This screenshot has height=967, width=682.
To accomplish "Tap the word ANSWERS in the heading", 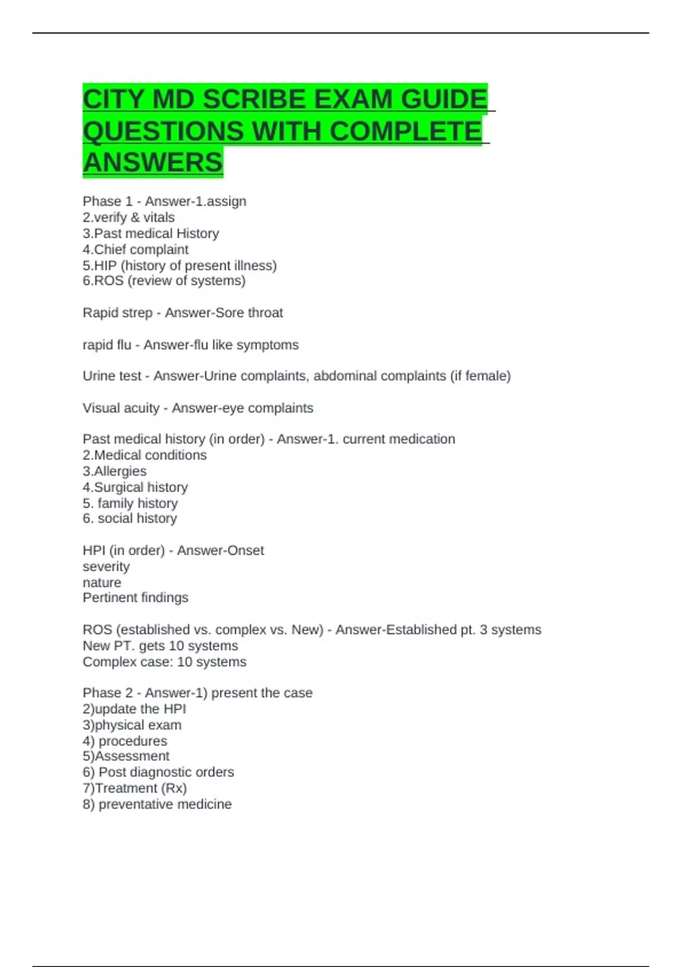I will point(152,162).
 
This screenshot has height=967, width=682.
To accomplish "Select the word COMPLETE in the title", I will point(405,131).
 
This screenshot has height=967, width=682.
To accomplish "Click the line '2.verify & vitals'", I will point(128,217).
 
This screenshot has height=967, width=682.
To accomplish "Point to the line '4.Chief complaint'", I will point(135,249).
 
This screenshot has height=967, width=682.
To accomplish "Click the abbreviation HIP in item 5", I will point(106,265).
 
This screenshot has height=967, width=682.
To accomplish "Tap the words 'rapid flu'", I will point(106,345).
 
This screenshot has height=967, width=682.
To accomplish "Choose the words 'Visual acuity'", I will point(121,408).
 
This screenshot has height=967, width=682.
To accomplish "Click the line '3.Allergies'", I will point(114,471).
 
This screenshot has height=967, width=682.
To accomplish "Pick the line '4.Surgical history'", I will point(135,487).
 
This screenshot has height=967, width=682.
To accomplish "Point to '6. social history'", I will point(130,518).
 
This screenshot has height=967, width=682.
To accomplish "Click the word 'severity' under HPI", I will point(106,567).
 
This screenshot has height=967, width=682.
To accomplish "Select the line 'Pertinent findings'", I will point(135,597).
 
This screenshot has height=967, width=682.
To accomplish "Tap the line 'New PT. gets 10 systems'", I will point(160,646).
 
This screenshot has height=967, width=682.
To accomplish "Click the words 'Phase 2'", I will point(107,693).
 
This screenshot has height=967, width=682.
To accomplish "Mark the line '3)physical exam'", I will point(132,725).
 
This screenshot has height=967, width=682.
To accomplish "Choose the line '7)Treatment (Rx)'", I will point(135,788).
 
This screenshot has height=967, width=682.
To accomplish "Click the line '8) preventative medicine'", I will point(157,804).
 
